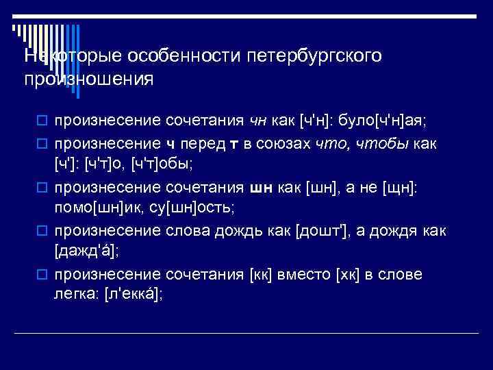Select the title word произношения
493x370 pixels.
(x=88, y=79)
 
